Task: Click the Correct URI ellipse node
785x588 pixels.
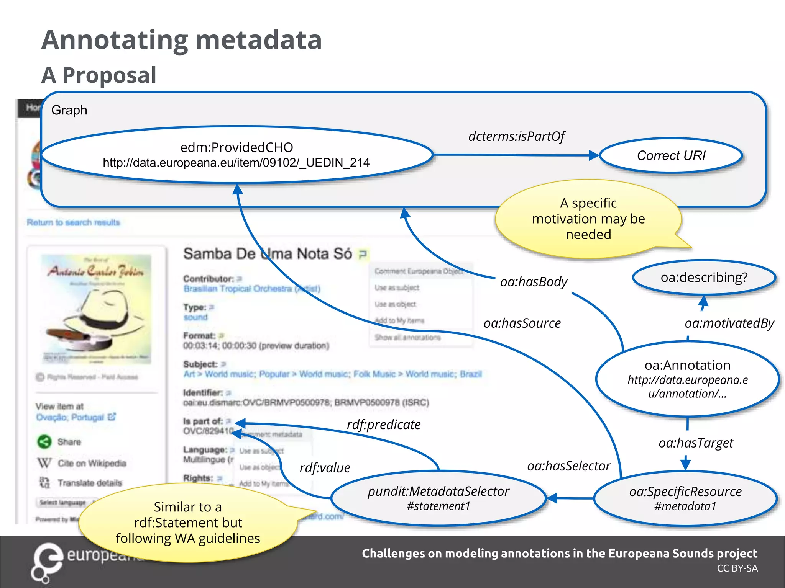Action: (x=671, y=155)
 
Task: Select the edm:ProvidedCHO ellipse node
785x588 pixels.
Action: (x=236, y=155)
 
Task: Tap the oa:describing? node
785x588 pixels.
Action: (x=704, y=277)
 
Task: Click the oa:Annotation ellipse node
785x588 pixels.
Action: (x=687, y=379)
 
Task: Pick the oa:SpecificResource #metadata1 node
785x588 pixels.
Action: (x=685, y=498)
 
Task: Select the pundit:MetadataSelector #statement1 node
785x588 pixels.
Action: (x=438, y=498)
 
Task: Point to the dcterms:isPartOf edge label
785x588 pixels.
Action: (x=516, y=136)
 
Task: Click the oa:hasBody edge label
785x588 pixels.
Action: (x=533, y=282)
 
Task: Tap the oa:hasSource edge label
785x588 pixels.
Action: (x=522, y=323)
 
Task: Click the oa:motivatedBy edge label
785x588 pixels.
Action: (x=729, y=323)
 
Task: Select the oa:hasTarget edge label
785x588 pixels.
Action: (x=695, y=443)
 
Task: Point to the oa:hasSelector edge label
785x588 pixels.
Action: (x=568, y=466)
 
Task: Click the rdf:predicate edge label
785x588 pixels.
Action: (x=383, y=425)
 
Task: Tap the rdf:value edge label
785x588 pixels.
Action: (x=325, y=468)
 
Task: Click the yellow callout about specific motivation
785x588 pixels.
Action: (x=588, y=219)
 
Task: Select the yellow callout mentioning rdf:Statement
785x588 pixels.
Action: (x=188, y=523)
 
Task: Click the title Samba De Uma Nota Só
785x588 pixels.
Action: (x=267, y=254)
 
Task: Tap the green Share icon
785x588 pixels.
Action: (x=44, y=442)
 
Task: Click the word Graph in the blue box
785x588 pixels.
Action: (x=69, y=110)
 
